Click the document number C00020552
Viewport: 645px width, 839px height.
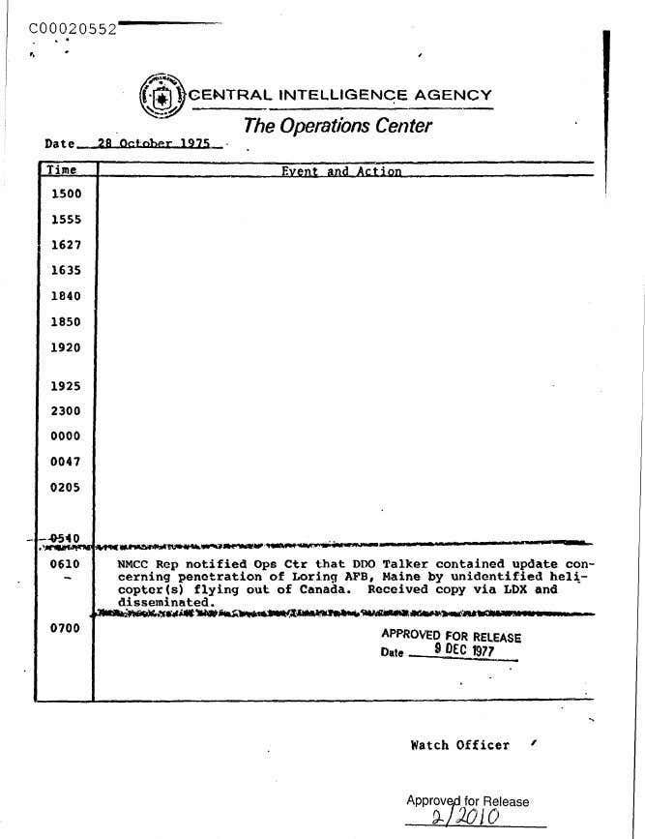pos(73,28)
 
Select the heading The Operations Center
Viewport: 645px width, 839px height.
pos(337,126)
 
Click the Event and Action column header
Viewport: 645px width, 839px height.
pos(340,171)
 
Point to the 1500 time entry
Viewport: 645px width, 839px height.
pos(66,194)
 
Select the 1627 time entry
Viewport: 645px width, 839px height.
pos(66,245)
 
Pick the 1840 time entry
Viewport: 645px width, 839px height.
pos(66,296)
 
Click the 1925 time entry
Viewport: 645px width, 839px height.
pos(66,386)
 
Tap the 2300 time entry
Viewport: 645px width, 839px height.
pos(66,411)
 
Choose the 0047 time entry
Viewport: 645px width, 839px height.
pos(66,463)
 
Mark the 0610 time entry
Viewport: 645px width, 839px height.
pos(66,564)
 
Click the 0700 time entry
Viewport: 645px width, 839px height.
pos(66,629)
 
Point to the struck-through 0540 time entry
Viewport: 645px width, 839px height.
pos(66,539)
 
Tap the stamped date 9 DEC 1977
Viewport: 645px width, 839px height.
pos(465,651)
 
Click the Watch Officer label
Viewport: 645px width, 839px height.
pos(459,745)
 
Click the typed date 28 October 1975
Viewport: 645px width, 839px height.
pos(154,144)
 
